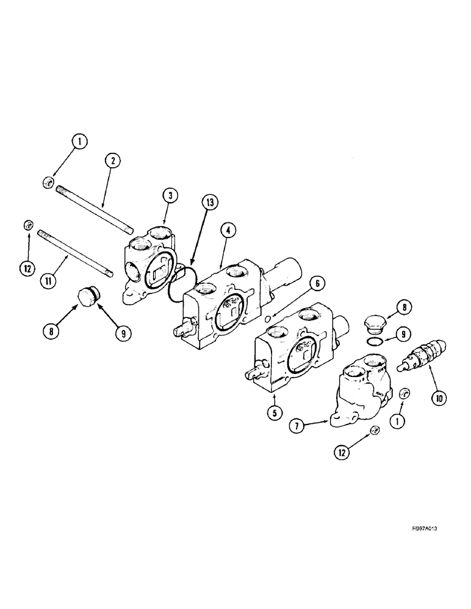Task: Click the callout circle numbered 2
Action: point(113,161)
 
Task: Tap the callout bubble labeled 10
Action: point(439,398)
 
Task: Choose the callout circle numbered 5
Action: point(273,412)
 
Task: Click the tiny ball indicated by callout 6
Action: point(267,318)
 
